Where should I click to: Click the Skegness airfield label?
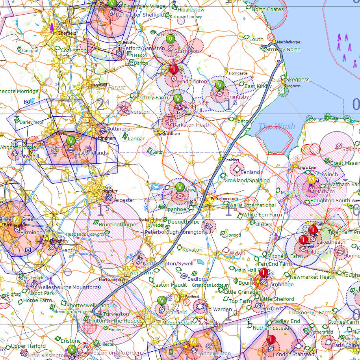297,79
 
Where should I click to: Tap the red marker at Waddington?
174,70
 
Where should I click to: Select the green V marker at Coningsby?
220,85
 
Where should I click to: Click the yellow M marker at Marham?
311,180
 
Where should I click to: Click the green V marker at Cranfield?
161,300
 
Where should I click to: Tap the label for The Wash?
276,126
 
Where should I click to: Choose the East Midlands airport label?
91,153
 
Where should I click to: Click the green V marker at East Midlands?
71,141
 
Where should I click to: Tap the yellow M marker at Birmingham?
17,220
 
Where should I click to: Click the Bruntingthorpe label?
117,224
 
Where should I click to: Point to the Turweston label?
115,314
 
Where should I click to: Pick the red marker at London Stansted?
271,339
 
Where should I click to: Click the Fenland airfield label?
250,172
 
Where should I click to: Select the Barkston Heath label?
192,125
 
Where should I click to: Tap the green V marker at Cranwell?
178,98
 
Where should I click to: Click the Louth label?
256,39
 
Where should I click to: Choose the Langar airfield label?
136,139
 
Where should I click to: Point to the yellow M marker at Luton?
194,341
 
